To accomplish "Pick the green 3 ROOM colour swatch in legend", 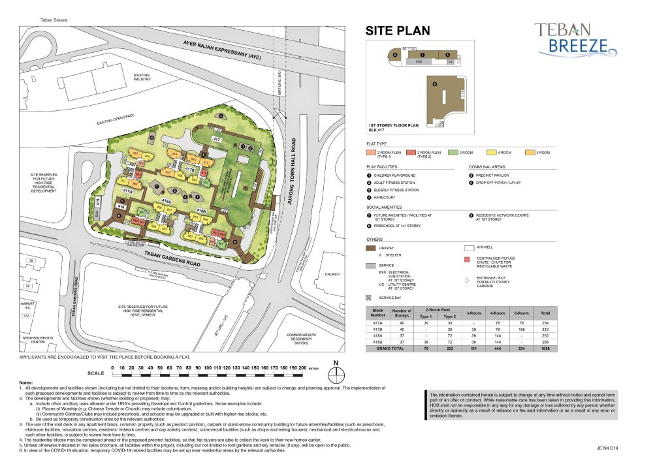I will tap(451, 152).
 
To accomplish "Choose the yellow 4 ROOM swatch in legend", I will tap(490, 152).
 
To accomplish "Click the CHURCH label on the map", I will tap(332, 275).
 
